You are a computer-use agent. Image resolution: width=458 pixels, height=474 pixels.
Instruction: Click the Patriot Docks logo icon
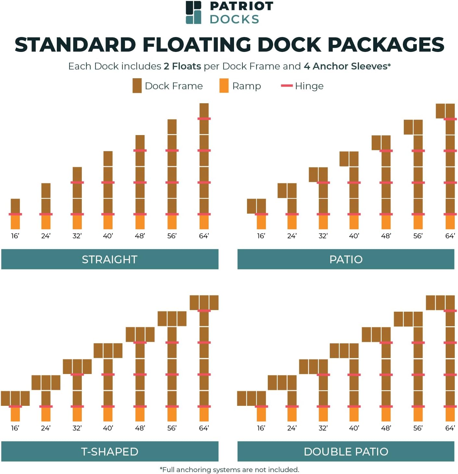(x=193, y=12)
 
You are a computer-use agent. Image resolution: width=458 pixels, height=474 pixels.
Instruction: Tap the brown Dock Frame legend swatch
(x=137, y=86)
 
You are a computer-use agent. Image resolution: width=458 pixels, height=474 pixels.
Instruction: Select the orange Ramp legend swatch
(x=224, y=86)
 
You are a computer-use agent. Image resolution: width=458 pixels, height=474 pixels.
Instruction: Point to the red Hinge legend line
(x=287, y=86)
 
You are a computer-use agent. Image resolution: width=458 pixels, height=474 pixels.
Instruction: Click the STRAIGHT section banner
(x=110, y=259)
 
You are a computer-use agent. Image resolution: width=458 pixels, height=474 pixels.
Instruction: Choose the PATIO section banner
(x=346, y=259)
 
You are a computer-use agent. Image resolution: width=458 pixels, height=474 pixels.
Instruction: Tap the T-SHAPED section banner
(x=110, y=451)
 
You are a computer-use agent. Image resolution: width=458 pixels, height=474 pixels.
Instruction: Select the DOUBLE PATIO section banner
(x=346, y=451)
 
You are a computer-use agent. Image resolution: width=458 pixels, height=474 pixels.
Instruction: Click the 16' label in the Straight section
(x=15, y=236)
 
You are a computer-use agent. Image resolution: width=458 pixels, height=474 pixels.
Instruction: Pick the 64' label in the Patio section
(x=450, y=236)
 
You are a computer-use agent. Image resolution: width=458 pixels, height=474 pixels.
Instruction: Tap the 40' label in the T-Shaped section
(x=108, y=428)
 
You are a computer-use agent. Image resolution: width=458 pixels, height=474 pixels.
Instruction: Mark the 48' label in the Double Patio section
(x=386, y=428)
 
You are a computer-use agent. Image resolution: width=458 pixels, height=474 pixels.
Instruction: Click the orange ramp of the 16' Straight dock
(x=15, y=222)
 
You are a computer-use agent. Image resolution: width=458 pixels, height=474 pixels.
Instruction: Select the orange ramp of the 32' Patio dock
(x=323, y=222)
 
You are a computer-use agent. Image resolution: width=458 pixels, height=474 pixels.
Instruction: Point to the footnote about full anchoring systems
(x=229, y=469)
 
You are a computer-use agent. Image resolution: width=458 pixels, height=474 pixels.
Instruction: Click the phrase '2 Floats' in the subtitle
(x=182, y=66)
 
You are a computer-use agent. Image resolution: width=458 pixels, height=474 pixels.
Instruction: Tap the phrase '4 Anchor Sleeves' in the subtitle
(x=346, y=66)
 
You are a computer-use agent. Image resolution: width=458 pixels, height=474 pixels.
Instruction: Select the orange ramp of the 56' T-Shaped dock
(x=172, y=415)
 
